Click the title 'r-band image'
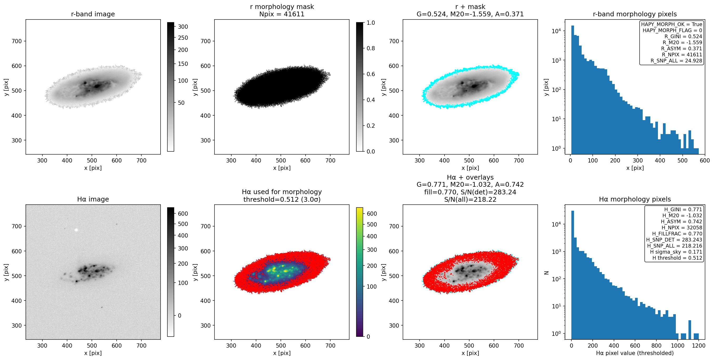point(93,14)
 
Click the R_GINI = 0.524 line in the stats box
point(683,36)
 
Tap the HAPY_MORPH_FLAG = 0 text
point(672,30)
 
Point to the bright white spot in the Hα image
point(76,230)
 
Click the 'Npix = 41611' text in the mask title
point(282,14)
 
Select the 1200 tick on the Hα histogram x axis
point(698,346)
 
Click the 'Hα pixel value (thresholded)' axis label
point(635,353)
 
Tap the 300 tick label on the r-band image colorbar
point(183,27)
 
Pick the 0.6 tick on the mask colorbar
point(371,74)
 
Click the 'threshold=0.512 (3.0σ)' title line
point(282,199)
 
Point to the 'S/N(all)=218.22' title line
point(470,199)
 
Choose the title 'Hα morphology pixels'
point(635,199)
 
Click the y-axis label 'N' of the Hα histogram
point(546,273)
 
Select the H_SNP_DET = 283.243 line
point(674,240)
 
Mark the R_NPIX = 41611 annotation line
point(682,55)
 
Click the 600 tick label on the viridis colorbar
point(372,214)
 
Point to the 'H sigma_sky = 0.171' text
point(676,252)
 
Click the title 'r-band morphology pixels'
point(635,14)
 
